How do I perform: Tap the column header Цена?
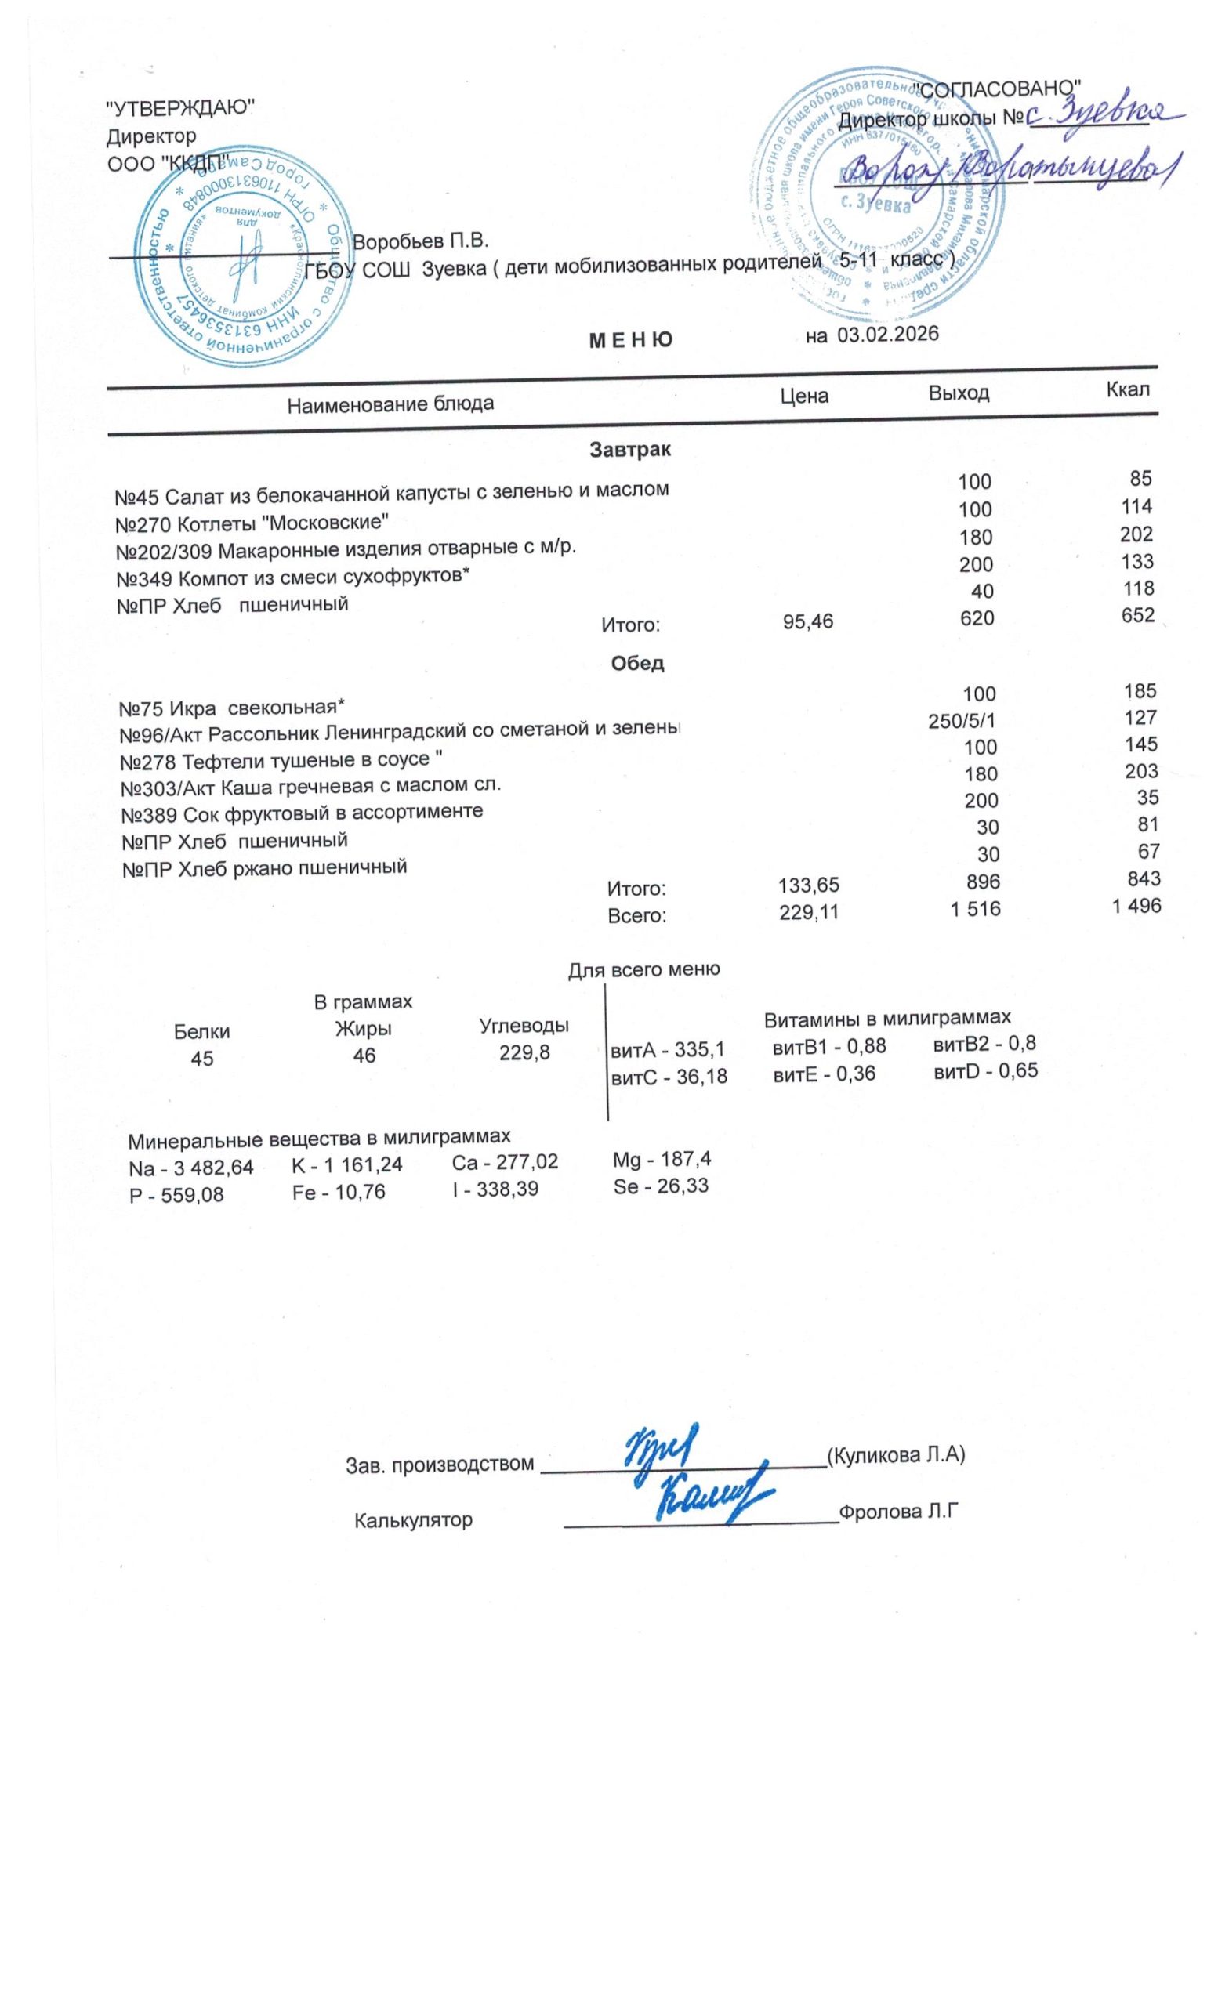point(803,396)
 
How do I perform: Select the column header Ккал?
point(1128,389)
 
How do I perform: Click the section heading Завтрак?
point(630,450)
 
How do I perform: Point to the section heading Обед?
point(636,664)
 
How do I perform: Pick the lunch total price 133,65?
point(808,885)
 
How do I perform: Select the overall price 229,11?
point(808,913)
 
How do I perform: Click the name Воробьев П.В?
point(420,242)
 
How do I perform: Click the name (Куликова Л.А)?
point(895,1455)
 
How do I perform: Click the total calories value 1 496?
point(1136,906)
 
